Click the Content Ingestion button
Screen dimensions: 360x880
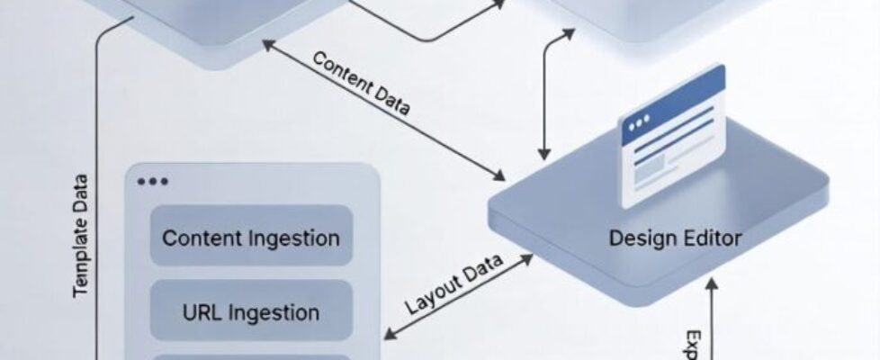[x=251, y=238]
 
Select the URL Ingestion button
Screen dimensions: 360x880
[x=251, y=313]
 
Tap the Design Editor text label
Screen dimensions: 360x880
[x=675, y=238]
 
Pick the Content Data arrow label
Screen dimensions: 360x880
[x=361, y=85]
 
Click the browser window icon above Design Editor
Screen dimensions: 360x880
[x=669, y=134]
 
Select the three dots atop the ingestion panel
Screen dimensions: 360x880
[x=153, y=182]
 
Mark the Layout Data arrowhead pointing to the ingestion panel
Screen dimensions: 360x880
[x=388, y=337]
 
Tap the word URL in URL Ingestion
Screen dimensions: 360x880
[x=202, y=313]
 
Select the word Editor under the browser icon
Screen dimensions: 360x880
[x=711, y=238]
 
